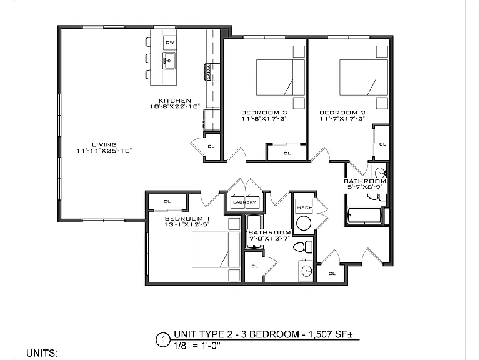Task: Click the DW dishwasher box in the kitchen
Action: point(169,42)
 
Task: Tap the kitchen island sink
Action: point(169,61)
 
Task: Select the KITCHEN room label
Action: point(175,101)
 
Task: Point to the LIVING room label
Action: point(104,144)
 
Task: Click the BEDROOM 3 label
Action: point(264,112)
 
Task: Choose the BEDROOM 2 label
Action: point(342,112)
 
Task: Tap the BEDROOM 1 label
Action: point(187,219)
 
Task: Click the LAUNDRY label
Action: point(244,202)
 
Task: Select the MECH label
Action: point(304,208)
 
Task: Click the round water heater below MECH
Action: point(304,223)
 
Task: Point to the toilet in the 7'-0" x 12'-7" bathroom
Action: point(302,247)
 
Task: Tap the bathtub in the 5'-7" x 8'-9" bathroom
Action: point(364,216)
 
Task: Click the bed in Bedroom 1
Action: point(216,249)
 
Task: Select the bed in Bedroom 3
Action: point(281,77)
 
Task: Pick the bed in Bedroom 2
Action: point(364,77)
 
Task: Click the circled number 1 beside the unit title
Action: point(163,340)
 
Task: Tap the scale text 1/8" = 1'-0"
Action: point(197,346)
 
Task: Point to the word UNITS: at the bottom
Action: point(42,353)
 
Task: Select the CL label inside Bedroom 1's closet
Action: point(167,201)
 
